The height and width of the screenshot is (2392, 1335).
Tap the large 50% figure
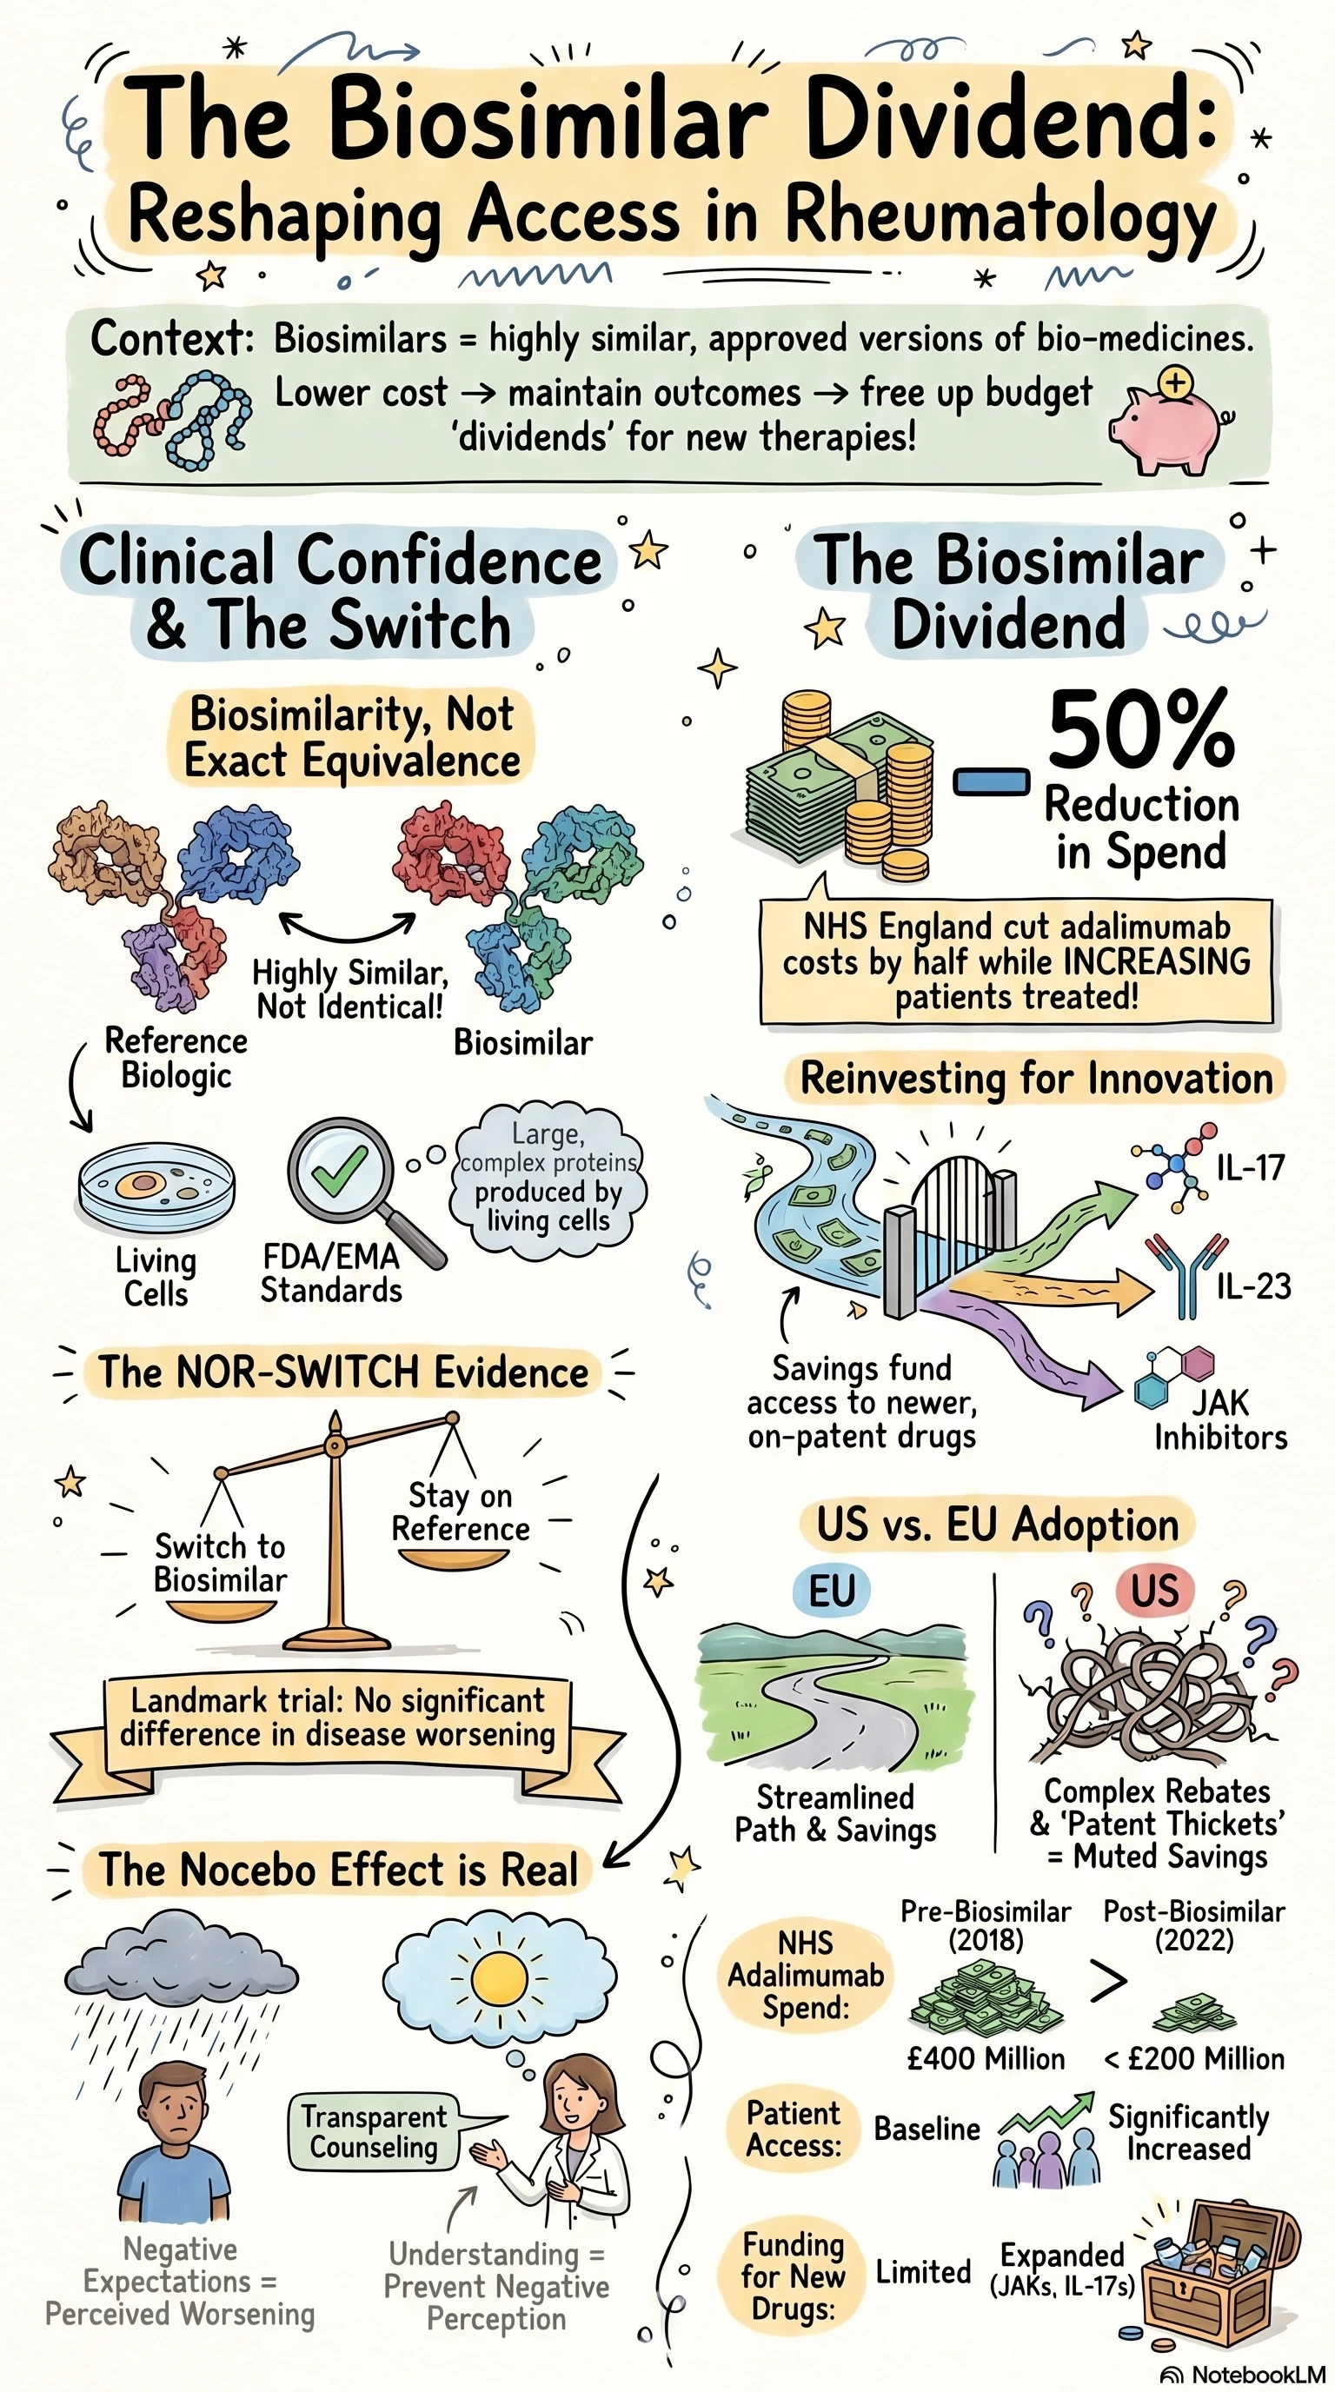(x=1141, y=731)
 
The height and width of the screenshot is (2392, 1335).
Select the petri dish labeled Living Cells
(x=156, y=1187)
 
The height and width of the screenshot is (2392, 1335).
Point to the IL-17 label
(x=1251, y=1167)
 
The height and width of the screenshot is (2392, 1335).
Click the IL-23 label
(x=1253, y=1286)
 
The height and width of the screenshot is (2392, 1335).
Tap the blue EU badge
(x=831, y=1591)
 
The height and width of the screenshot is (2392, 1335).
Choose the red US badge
(x=1154, y=1590)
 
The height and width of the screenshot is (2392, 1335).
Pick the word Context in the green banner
(x=172, y=338)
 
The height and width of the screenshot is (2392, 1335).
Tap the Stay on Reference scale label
(x=461, y=1512)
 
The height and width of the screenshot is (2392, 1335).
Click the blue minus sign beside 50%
(x=992, y=782)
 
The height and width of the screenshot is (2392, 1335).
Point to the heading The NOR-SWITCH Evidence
(x=344, y=1372)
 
